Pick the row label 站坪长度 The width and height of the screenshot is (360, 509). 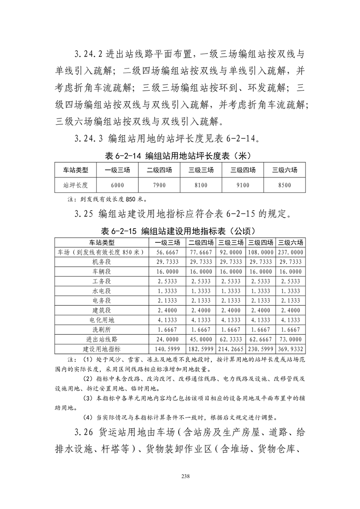76,185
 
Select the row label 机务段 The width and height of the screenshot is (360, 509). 102,262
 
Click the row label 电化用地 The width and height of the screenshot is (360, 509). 102,320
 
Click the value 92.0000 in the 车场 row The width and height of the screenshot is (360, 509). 231,252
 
